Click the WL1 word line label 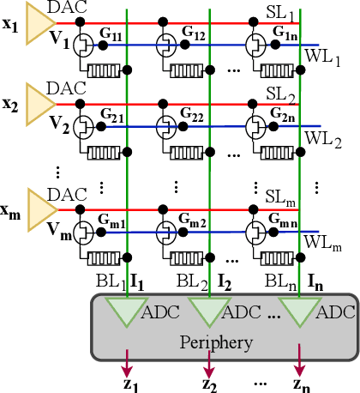(324, 62)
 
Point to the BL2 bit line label (194, 280)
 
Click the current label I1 (143, 280)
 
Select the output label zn (299, 382)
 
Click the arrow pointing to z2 (211, 360)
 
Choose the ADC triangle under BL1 (128, 310)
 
